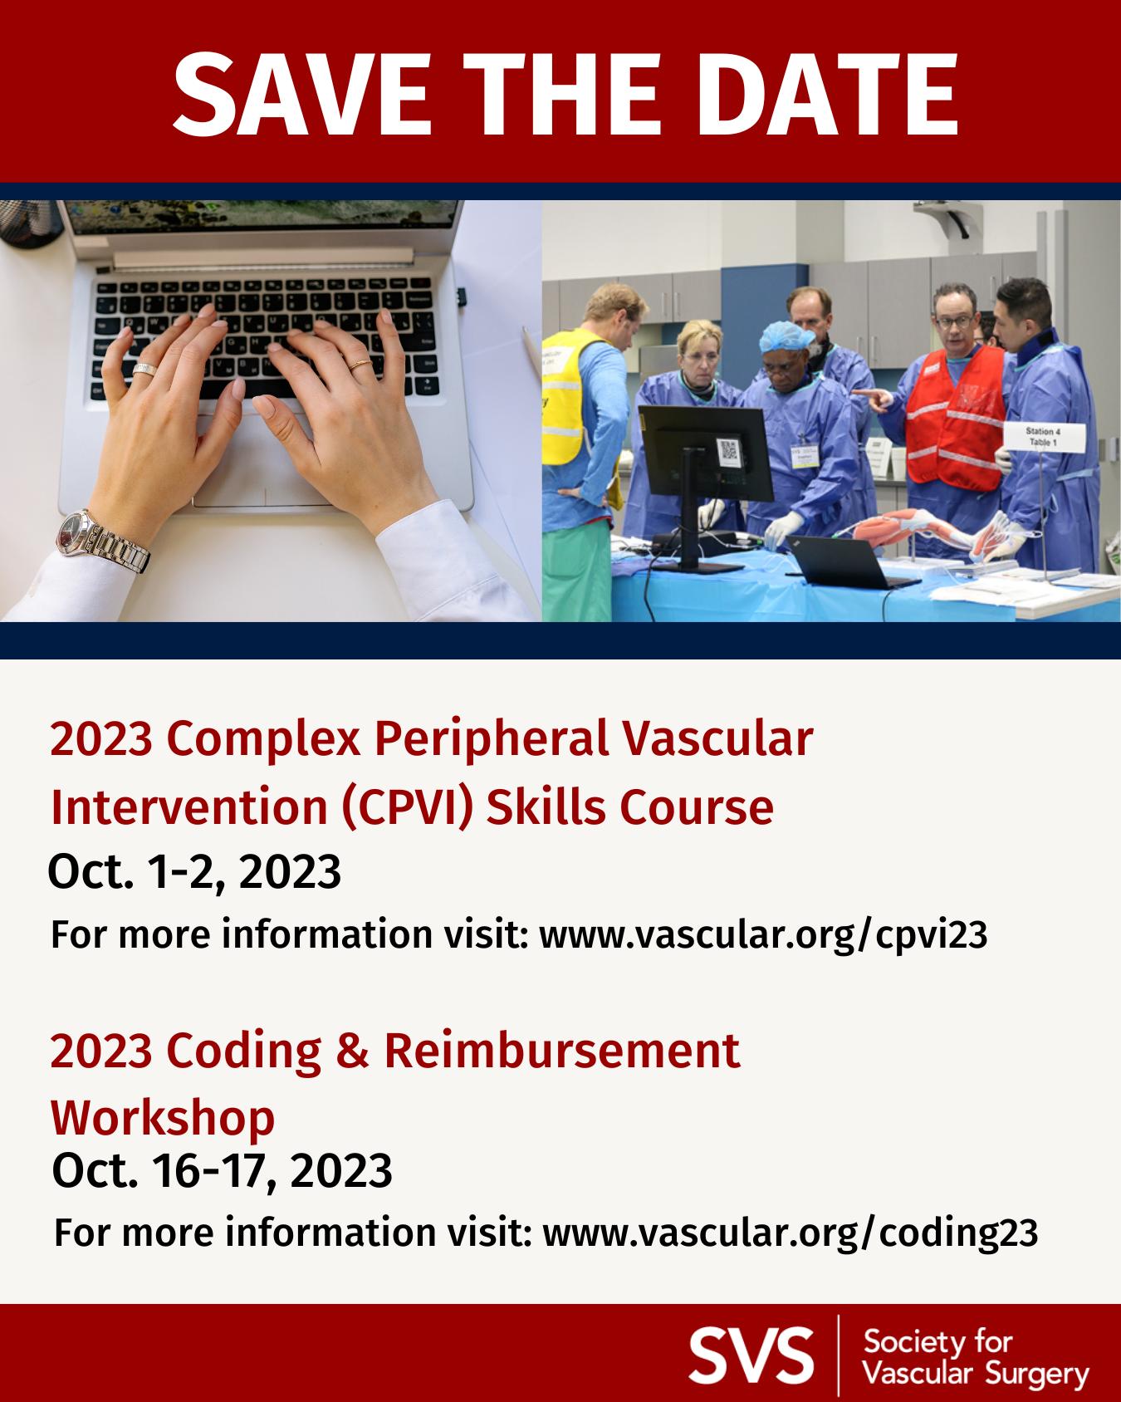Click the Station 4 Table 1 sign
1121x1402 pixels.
coord(1042,438)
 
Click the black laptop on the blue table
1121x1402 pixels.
coord(843,561)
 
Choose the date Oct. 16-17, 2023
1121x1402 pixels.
coord(222,1172)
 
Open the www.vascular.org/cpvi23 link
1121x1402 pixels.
coord(763,935)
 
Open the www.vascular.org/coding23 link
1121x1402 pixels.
coord(790,1233)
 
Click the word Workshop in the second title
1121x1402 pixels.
coord(163,1118)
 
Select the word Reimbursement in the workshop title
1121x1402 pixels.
coord(561,1051)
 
